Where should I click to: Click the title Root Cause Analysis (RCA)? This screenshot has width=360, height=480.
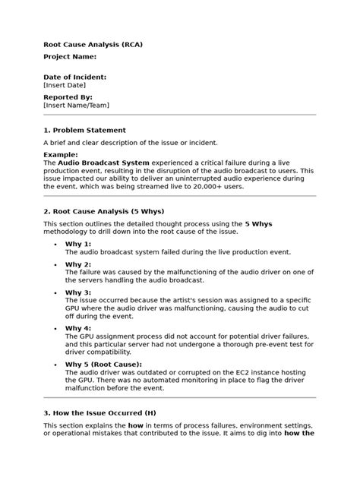pyautogui.click(x=93, y=45)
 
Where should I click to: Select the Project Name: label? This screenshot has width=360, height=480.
pyautogui.click(x=70, y=57)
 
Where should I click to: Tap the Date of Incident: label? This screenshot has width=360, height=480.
pyautogui.click(x=74, y=77)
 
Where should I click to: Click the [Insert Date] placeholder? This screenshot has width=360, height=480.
pyautogui.click(x=66, y=86)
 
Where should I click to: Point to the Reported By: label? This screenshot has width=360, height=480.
pyautogui.click(x=68, y=97)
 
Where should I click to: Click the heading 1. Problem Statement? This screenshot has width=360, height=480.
pyautogui.click(x=84, y=130)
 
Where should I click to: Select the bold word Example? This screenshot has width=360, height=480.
pyautogui.click(x=61, y=154)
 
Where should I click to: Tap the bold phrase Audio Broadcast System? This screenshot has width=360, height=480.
pyautogui.click(x=103, y=163)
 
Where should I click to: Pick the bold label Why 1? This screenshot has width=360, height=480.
pyautogui.click(x=77, y=244)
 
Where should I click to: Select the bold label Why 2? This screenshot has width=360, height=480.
pyautogui.click(x=77, y=264)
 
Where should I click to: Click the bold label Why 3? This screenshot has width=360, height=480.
pyautogui.click(x=77, y=292)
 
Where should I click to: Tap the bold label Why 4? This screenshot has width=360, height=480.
pyautogui.click(x=77, y=327)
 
